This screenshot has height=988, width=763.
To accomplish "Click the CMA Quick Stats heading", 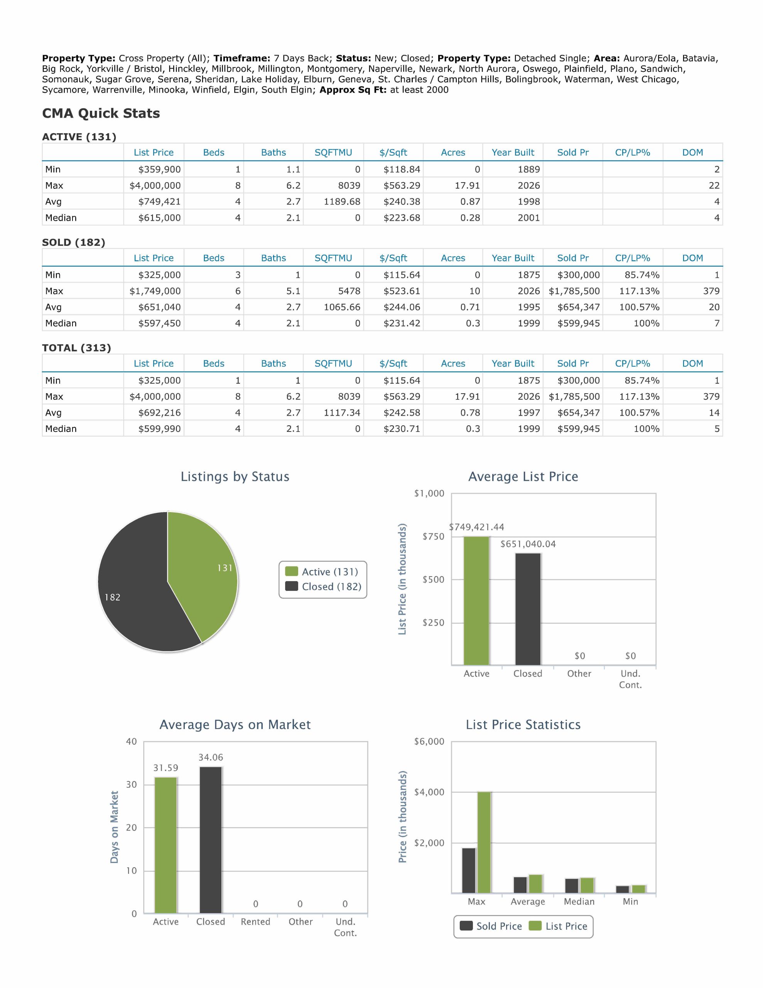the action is point(101,113).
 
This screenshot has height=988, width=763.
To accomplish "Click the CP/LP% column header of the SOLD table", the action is point(632,258).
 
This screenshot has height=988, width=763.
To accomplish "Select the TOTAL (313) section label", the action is point(76,348).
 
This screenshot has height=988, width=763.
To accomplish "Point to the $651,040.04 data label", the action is point(528,544).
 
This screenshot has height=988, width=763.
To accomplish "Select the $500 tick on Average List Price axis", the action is point(433,580).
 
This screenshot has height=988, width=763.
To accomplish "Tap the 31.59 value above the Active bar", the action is point(165,768).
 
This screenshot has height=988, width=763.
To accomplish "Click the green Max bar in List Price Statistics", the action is point(484,843).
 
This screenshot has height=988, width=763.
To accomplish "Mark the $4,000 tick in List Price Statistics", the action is point(429,792).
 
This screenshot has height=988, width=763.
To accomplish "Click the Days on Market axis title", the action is point(115,827).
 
